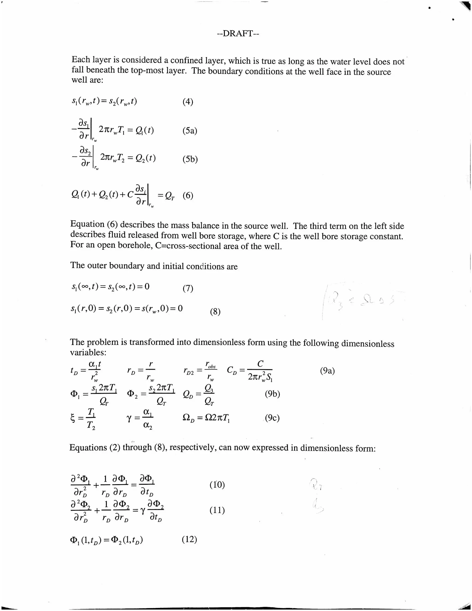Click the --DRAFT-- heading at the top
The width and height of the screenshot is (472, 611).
coord(238,34)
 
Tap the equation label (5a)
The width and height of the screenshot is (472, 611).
coord(190,131)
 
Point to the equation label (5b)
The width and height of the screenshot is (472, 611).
coord(190,159)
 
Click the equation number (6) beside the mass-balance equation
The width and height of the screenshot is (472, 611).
coord(188,195)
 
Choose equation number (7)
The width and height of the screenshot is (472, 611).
coord(188,288)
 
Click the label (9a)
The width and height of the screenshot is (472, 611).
coord(327,371)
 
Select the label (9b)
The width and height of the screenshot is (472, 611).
coord(272,394)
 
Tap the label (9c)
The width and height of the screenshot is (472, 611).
coord(272,418)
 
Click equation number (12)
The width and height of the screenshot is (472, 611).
coord(189,539)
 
